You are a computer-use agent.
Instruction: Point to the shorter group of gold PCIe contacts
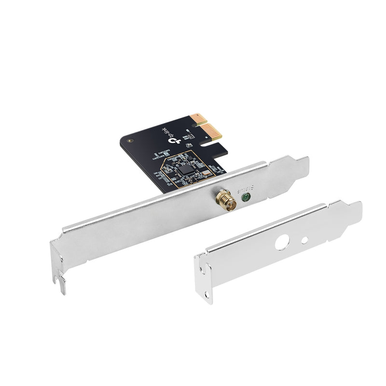(x=196, y=119)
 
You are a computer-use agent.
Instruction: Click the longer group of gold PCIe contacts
(x=213, y=132)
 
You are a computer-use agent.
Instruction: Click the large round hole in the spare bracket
(x=282, y=242)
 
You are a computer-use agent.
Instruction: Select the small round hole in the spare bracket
(x=304, y=240)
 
